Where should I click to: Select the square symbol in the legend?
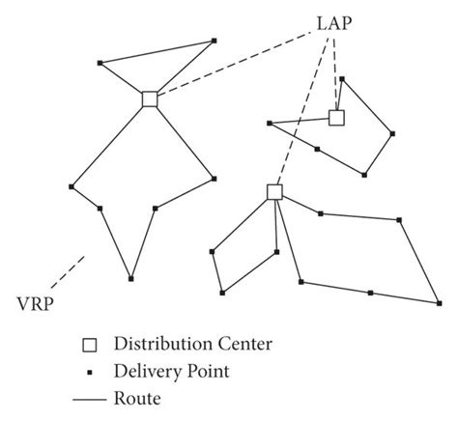[90, 345]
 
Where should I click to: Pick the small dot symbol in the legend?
[90, 370]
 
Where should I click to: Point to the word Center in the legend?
[243, 345]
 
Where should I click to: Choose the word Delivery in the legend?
[147, 370]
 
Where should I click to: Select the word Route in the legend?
[138, 396]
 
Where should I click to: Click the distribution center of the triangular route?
[150, 98]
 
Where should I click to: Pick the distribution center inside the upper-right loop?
[336, 118]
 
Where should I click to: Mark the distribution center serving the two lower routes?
[274, 192]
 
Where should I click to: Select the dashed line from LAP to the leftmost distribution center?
[232, 69]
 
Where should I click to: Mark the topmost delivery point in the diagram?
[214, 41]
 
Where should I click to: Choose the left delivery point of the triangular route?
[101, 65]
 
